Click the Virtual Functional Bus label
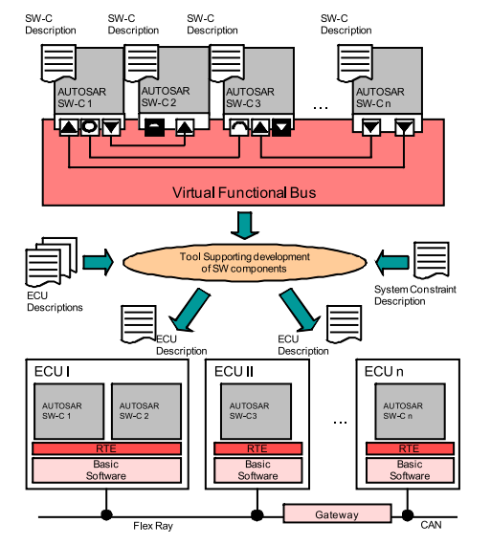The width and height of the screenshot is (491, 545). coord(244,192)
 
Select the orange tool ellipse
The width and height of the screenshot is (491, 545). coord(245,262)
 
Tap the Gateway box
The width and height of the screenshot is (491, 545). coord(337,513)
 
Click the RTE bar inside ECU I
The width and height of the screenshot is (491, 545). coord(106,448)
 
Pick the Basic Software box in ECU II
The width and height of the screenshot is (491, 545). coord(257,469)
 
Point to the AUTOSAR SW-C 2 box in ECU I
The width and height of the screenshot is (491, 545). coord(146,411)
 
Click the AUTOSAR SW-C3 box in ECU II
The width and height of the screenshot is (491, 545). coord(256,411)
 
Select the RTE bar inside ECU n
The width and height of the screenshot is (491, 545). coord(410,448)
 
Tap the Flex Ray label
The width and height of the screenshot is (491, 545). coord(153,526)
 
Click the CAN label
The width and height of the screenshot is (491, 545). coord(431,525)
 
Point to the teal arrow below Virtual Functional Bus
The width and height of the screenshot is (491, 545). coord(245,226)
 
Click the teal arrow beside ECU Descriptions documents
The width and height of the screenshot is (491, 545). coord(99,262)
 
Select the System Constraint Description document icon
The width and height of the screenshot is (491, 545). coord(432,261)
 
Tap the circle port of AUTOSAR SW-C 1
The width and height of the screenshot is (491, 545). coord(90,126)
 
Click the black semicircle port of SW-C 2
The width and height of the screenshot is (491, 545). coord(154,127)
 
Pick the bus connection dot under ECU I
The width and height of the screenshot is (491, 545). coord(106,514)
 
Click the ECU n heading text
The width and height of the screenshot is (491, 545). coord(384,372)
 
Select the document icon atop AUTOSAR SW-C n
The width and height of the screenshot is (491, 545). coord(355,63)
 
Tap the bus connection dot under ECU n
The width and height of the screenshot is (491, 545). coord(408,515)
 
